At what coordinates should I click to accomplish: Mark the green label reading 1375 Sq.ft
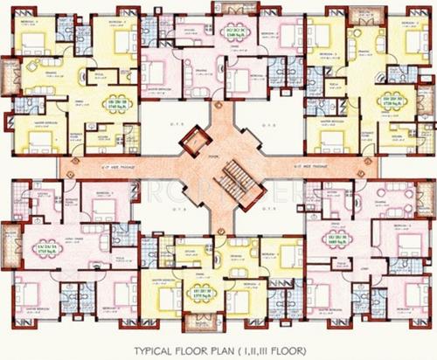point(201,294)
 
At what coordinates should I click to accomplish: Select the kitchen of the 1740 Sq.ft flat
point(105,141)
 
